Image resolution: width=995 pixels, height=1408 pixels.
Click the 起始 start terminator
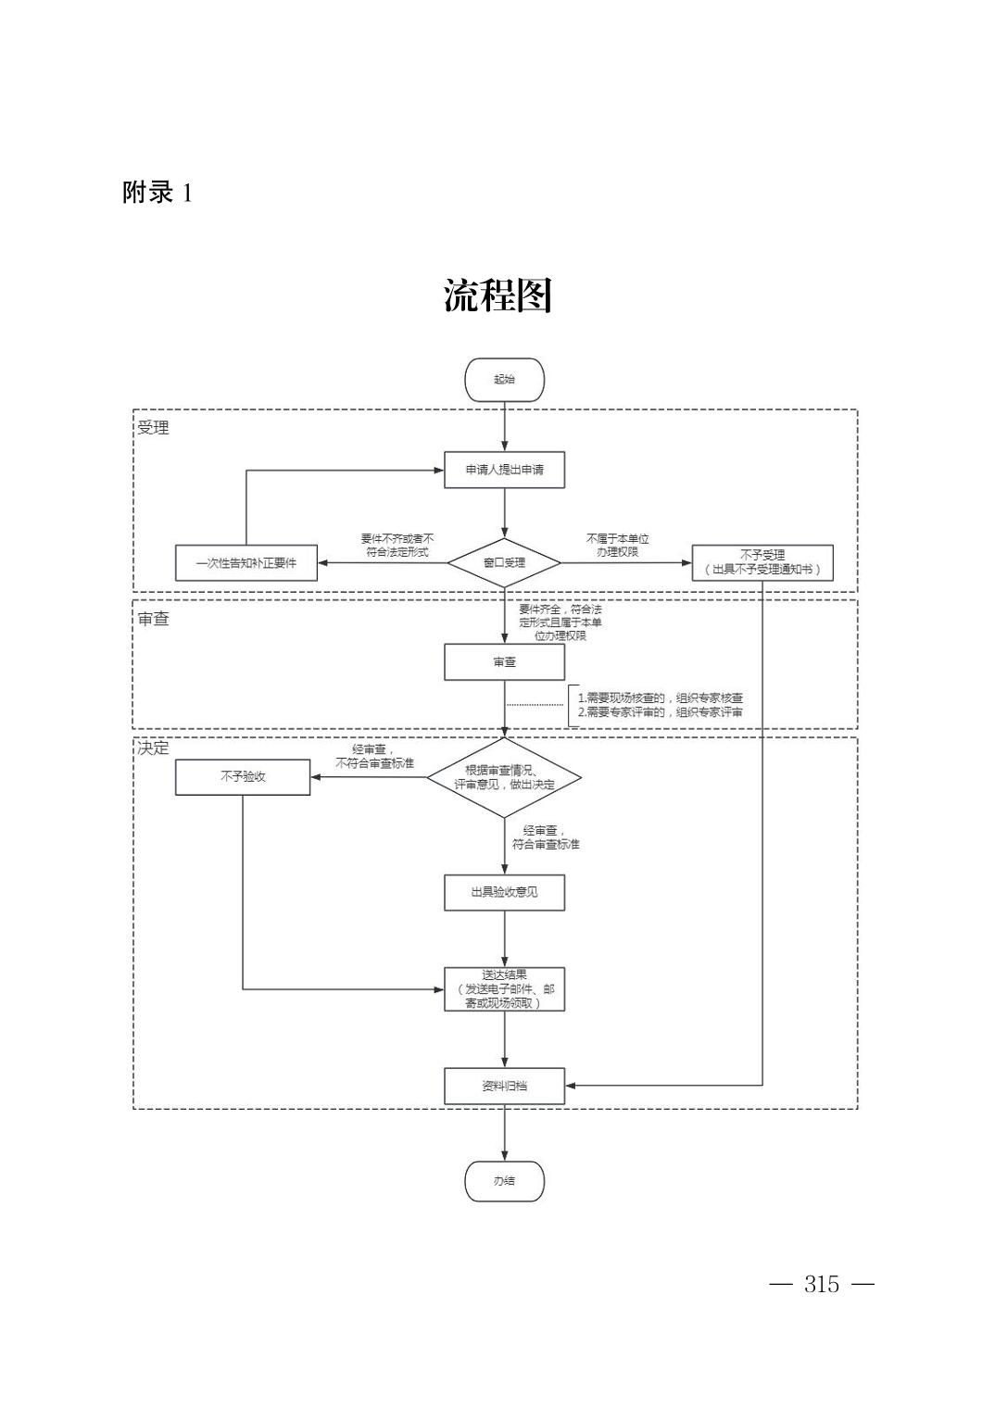(x=504, y=380)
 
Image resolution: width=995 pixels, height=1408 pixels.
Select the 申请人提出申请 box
(x=504, y=470)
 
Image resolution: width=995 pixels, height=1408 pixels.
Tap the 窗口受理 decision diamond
(x=504, y=562)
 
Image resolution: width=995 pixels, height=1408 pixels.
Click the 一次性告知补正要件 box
(x=246, y=562)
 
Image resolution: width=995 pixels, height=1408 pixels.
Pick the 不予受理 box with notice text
(x=762, y=562)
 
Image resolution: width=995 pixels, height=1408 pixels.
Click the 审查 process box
(x=504, y=662)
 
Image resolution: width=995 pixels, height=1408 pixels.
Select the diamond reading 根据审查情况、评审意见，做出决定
(x=504, y=778)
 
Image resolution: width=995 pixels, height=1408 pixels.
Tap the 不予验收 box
(x=243, y=776)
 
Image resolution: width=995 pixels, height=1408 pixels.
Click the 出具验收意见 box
(x=504, y=892)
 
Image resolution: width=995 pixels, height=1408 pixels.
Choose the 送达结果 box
(x=504, y=988)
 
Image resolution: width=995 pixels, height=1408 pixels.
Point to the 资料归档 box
(x=504, y=1086)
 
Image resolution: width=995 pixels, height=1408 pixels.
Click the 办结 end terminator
(x=504, y=1181)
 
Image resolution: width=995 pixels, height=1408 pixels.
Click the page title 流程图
(x=497, y=295)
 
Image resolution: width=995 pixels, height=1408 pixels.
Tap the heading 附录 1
(x=157, y=193)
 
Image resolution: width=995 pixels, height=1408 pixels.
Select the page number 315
(x=822, y=1284)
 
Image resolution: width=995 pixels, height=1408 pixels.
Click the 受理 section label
(x=154, y=428)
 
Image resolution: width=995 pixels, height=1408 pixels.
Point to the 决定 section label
(x=154, y=748)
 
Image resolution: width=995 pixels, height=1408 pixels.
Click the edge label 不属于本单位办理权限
(x=618, y=545)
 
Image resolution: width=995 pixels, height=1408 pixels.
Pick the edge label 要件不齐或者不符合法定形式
(x=397, y=545)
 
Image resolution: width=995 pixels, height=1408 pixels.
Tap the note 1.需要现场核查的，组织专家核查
(x=660, y=698)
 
